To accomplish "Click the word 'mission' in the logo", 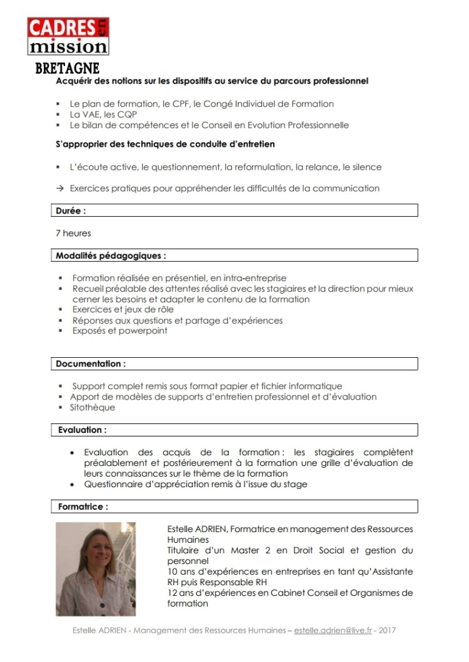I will coord(68,47).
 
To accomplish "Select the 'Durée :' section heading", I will coord(71,211).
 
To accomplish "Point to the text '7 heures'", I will coord(73,233).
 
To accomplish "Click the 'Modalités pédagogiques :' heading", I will coord(111,255).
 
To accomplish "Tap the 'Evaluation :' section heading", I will coord(82,430).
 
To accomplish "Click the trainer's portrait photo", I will coord(95,569).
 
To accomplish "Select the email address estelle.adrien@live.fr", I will coord(333,630).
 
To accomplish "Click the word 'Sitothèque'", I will coord(93,407).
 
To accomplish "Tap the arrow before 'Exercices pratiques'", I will coord(60,188).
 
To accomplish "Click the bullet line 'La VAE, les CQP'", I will coord(103,114).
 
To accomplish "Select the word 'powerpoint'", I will coord(145,330).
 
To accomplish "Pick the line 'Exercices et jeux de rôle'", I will coord(123,309).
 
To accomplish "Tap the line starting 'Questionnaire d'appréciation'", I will coord(196,484).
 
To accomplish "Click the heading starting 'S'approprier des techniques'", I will coord(165,144).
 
